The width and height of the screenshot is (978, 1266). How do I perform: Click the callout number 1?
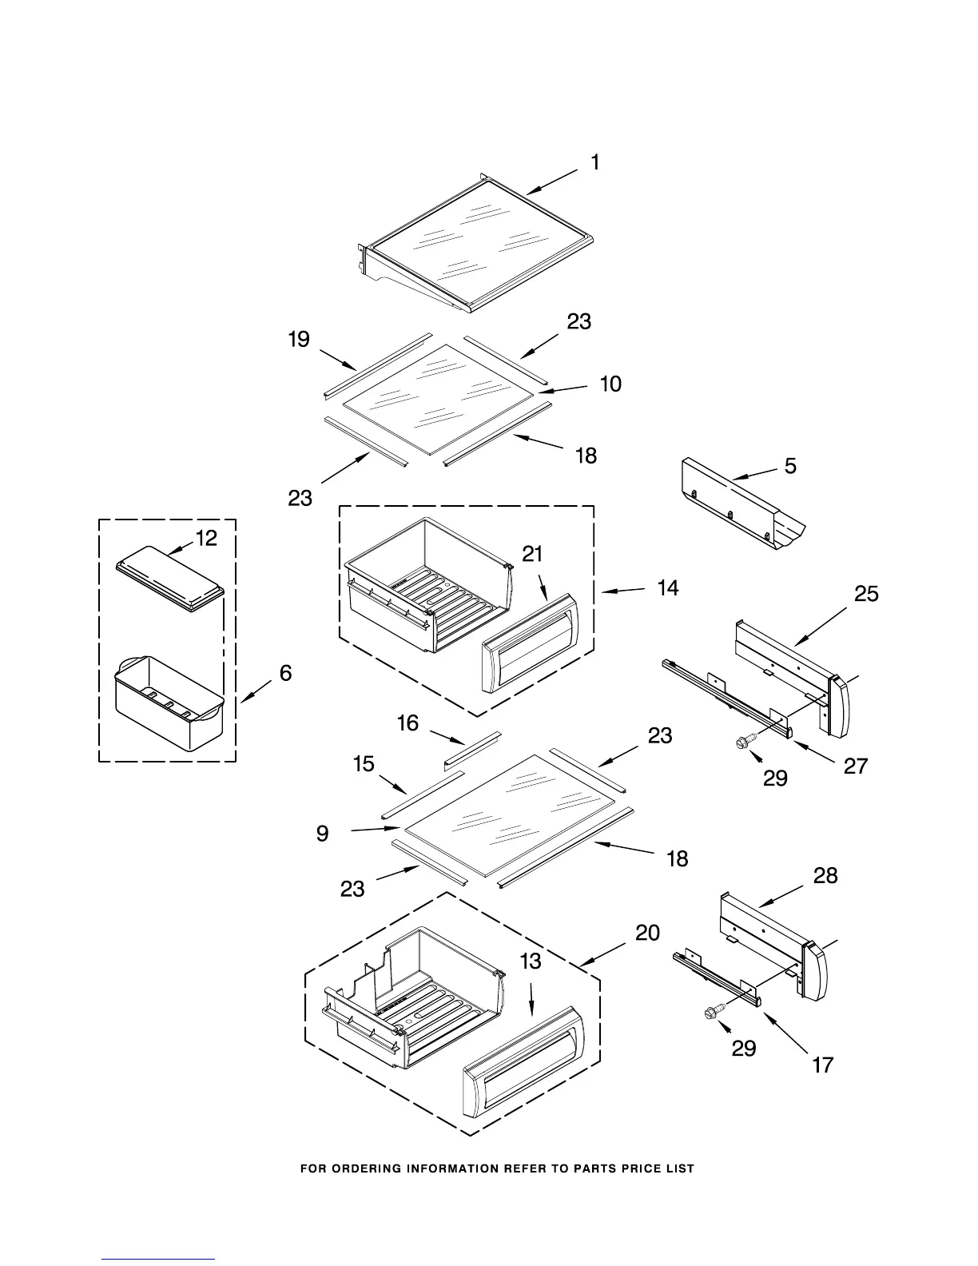click(595, 162)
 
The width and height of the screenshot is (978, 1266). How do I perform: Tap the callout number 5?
click(790, 465)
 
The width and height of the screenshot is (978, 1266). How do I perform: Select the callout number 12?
click(206, 539)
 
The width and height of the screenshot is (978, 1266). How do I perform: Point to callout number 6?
click(285, 673)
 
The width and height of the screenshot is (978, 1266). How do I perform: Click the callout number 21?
click(533, 553)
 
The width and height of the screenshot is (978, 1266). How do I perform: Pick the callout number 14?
click(668, 588)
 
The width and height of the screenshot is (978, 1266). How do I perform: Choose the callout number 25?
click(866, 594)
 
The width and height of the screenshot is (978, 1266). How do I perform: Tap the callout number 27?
click(856, 766)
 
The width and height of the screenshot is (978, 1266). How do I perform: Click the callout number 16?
click(407, 723)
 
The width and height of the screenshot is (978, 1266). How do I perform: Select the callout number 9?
click(322, 834)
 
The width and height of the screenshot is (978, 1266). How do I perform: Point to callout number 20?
click(647, 933)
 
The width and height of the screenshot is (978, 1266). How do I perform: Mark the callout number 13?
click(531, 961)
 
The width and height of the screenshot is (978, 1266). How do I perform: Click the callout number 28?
click(825, 876)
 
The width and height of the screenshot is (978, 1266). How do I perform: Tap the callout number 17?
click(823, 1065)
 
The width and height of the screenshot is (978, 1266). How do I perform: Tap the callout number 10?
click(610, 384)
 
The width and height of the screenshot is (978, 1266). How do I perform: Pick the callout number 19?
click(299, 340)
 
